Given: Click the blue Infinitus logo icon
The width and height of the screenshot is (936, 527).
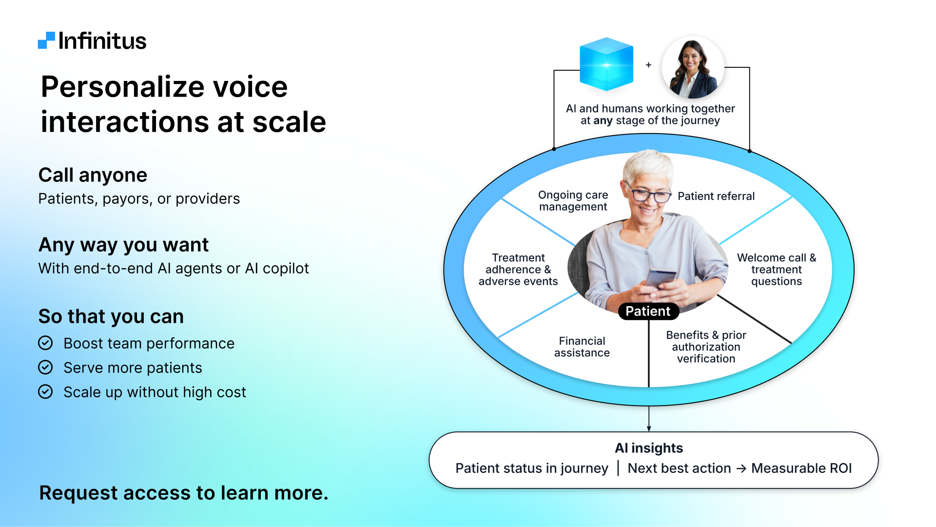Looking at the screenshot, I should pyautogui.click(x=46, y=40).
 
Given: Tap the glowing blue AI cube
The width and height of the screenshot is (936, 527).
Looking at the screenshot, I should pyautogui.click(x=606, y=64).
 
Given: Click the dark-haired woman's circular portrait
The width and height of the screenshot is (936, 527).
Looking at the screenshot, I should pyautogui.click(x=693, y=67).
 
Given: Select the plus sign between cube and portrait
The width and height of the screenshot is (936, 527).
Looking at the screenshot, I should pyautogui.click(x=648, y=65).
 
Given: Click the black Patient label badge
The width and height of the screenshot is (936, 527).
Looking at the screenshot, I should pyautogui.click(x=648, y=312).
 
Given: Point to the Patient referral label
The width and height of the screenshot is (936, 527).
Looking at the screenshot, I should pyautogui.click(x=716, y=196).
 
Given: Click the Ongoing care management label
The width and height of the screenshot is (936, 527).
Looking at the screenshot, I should pyautogui.click(x=573, y=201).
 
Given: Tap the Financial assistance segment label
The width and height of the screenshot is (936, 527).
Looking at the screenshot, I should pyautogui.click(x=582, y=347).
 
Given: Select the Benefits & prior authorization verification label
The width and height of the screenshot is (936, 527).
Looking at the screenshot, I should pyautogui.click(x=706, y=347).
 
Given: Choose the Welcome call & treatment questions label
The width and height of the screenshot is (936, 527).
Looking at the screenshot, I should pyautogui.click(x=776, y=270).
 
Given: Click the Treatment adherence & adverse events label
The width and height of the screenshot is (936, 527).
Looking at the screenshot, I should pyautogui.click(x=518, y=270).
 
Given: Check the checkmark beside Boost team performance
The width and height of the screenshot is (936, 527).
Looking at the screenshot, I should pyautogui.click(x=45, y=343).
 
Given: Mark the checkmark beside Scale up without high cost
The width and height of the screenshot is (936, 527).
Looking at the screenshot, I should pyautogui.click(x=45, y=392).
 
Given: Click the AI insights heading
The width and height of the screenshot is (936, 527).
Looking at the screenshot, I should pyautogui.click(x=648, y=448).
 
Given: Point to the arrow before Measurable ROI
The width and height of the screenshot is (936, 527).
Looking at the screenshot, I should pyautogui.click(x=741, y=468).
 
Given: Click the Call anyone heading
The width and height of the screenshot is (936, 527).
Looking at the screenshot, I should pyautogui.click(x=93, y=175).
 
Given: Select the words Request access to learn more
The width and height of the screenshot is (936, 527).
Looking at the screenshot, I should pyautogui.click(x=183, y=493).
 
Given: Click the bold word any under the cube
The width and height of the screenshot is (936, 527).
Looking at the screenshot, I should pyautogui.click(x=603, y=120).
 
